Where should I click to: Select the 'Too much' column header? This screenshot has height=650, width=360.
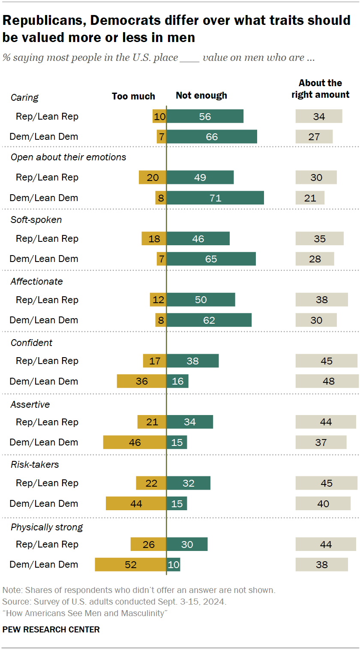pyautogui.click(x=133, y=96)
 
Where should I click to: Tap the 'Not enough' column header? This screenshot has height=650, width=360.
pyautogui.click(x=201, y=95)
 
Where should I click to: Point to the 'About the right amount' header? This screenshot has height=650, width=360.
pyautogui.click(x=321, y=89)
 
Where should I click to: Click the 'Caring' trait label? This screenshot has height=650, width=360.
pyautogui.click(x=24, y=98)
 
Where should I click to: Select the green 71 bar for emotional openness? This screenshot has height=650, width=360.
pyautogui.click(x=215, y=198)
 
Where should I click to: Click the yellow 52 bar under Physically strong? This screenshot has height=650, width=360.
pyautogui.click(x=130, y=564)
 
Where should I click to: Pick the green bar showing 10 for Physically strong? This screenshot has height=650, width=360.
pyautogui.click(x=174, y=564)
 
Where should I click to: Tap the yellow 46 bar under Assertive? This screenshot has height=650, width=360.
pyautogui.click(x=135, y=442)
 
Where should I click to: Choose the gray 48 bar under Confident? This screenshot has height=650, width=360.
pyautogui.click(x=327, y=381)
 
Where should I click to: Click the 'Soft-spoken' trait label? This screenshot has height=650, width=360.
pyautogui.click(x=36, y=220)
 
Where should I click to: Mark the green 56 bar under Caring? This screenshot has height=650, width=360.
pyautogui.click(x=205, y=116)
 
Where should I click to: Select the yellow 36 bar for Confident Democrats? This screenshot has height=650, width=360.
pyautogui.click(x=141, y=381)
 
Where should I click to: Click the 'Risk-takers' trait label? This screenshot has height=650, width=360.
pyautogui.click(x=35, y=464)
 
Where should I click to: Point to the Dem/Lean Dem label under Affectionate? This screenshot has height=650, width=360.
pyautogui.click(x=44, y=320)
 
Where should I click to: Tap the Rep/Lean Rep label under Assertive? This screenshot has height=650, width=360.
pyautogui.click(x=47, y=422)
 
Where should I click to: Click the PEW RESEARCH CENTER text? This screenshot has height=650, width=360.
pyautogui.click(x=51, y=629)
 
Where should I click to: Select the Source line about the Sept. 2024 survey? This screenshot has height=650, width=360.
pyautogui.click(x=114, y=602)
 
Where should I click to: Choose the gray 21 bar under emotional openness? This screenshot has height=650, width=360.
pyautogui.click(x=310, y=198)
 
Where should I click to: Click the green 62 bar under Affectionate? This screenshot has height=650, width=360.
pyautogui.click(x=209, y=320)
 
